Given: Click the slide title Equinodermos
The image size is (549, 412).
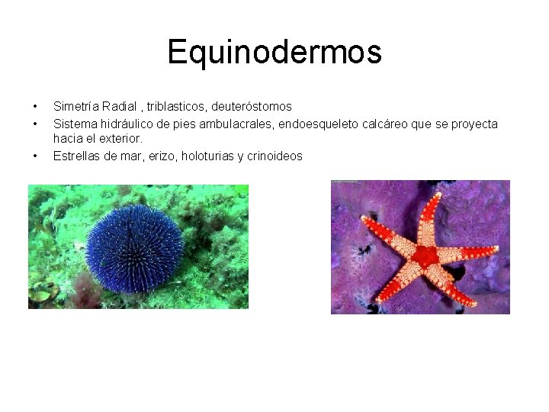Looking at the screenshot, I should (x=274, y=53).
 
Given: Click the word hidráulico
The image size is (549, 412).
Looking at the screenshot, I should (x=125, y=124).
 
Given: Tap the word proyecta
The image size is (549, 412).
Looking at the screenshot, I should (x=476, y=124).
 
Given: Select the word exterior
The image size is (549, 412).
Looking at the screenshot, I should (x=122, y=139).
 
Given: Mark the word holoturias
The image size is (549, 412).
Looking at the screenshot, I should (x=204, y=156).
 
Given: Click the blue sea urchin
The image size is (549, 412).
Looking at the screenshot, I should (x=134, y=248).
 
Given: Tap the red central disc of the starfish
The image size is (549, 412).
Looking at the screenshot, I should (x=424, y=255).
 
